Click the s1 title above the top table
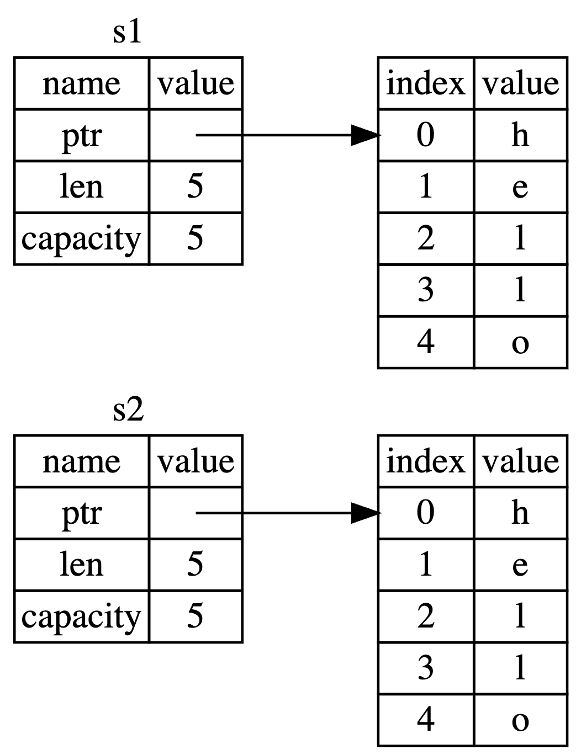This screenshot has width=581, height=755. click(x=128, y=33)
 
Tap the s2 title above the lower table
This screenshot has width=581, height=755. click(x=128, y=410)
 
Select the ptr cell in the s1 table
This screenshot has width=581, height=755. click(x=81, y=135)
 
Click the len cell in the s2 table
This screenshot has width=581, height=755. click(x=81, y=565)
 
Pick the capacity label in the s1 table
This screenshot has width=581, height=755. click(x=81, y=239)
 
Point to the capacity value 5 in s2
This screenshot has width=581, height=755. click(x=195, y=616)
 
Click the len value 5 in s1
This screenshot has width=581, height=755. click(x=195, y=187)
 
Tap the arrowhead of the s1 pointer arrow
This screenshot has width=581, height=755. click(x=366, y=135)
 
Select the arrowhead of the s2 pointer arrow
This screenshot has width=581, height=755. click(x=366, y=513)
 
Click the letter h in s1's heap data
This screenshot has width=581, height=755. click(x=520, y=135)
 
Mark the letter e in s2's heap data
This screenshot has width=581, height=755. click(x=520, y=565)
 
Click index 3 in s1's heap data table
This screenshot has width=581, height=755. click(x=425, y=290)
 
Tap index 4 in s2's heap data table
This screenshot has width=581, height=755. click(x=425, y=720)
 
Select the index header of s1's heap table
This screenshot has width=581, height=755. click(x=425, y=83)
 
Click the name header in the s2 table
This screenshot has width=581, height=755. click(x=81, y=461)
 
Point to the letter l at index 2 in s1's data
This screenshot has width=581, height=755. click(x=520, y=238)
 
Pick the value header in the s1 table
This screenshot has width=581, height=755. click(x=196, y=83)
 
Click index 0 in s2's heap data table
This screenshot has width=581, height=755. click(x=425, y=513)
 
